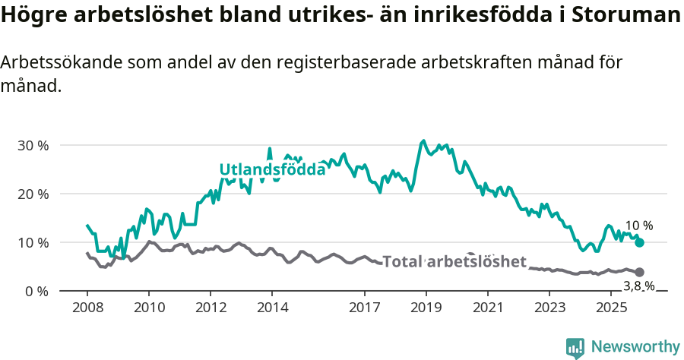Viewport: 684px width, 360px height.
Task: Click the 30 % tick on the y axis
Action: coord(33,145)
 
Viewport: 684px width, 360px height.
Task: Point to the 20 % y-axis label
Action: coord(33,194)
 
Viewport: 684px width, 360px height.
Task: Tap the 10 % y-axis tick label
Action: coord(33,242)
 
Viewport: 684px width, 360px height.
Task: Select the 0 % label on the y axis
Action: coord(36,292)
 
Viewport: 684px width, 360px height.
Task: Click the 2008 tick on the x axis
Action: coord(87,308)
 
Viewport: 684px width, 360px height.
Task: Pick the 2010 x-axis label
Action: coord(148,308)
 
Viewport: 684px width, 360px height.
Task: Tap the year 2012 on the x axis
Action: coord(211,308)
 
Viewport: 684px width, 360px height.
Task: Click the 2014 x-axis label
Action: coord(272,308)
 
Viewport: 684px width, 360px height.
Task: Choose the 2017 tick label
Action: coord(365,308)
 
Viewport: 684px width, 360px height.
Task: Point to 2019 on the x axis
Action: coord(426,308)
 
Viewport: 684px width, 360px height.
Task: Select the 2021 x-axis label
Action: coord(488,308)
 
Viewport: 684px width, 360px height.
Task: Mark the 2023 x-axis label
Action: coord(549,308)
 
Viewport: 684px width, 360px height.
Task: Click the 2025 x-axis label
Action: coord(611,308)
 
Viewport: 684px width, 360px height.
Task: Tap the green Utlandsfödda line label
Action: coord(272,169)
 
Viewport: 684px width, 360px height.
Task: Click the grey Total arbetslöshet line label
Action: coord(454,262)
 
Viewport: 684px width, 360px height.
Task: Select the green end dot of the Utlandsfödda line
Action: coord(639,242)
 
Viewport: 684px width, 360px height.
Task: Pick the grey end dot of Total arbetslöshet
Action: coord(639,272)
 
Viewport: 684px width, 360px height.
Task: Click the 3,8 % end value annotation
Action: coord(638,286)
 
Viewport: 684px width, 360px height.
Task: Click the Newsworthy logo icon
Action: coord(575,347)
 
